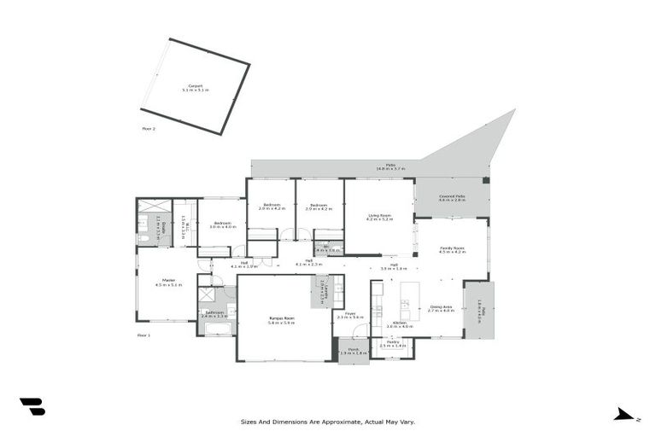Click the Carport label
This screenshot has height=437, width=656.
(x=195, y=87)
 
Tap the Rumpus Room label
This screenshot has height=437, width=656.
(x=281, y=320)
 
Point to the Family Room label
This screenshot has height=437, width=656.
(x=452, y=249)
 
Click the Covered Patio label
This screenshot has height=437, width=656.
(x=451, y=197)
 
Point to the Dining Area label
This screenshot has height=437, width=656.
(x=441, y=308)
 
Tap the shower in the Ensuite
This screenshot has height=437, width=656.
(x=154, y=206)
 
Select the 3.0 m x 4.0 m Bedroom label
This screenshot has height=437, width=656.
(x=222, y=224)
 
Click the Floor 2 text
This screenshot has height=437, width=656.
(x=149, y=128)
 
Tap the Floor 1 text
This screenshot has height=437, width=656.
(x=143, y=335)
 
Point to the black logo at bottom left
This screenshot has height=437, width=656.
(x=32, y=407)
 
